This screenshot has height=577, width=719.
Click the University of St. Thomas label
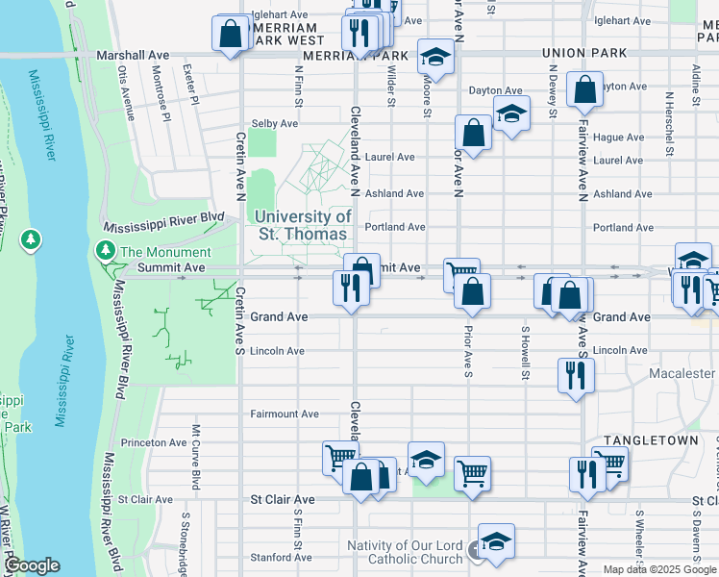(x=304, y=225)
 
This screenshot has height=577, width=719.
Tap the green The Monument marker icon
(x=104, y=251)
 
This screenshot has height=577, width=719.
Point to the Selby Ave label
(x=274, y=124)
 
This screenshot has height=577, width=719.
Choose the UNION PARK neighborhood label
(x=583, y=53)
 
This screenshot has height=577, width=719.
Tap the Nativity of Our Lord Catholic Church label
(x=406, y=553)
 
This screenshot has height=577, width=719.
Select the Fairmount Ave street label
(x=284, y=414)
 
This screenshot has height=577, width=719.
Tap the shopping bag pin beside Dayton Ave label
(x=584, y=90)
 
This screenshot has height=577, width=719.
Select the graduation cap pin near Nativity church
(x=496, y=541)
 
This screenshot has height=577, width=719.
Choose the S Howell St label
(x=526, y=354)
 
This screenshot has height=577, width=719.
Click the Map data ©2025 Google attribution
(x=658, y=569)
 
